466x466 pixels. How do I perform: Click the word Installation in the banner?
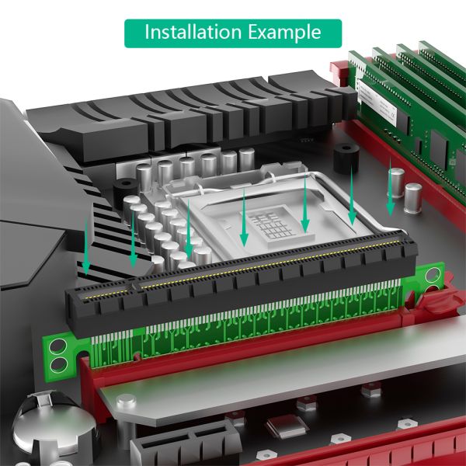193,32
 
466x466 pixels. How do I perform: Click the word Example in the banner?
284,33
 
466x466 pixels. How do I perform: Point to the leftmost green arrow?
86,247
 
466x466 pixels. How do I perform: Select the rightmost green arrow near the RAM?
390,187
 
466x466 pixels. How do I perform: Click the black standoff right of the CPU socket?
346,158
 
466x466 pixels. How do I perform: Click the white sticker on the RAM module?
377,102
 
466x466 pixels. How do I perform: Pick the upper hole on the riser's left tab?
58,346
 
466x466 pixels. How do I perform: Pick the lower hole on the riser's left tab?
58,365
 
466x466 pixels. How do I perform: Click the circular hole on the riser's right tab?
433,275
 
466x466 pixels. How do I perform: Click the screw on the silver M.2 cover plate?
127,401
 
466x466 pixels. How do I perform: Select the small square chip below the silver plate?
286,426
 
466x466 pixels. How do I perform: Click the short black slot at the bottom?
186,444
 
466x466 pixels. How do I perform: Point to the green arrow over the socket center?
244,217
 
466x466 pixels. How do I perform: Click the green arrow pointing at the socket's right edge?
352,196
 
